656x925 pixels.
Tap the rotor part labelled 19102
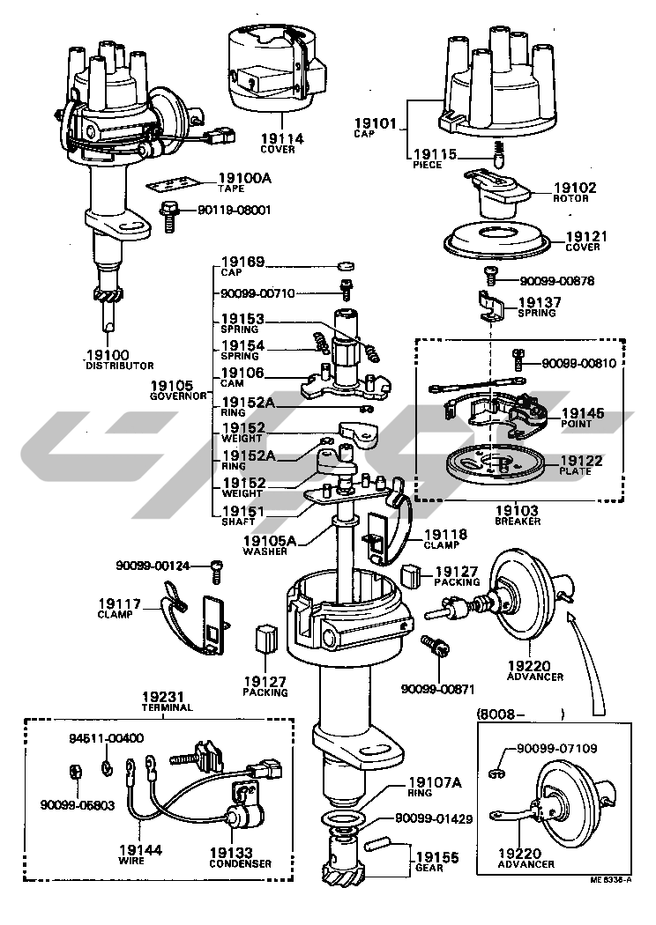[499, 196]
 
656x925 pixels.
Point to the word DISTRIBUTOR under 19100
[118, 366]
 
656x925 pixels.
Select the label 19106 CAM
[242, 374]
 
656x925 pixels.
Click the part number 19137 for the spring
[537, 301]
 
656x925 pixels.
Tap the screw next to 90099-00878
[493, 277]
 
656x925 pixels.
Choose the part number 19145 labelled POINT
[583, 412]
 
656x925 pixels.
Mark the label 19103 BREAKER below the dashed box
[518, 511]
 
